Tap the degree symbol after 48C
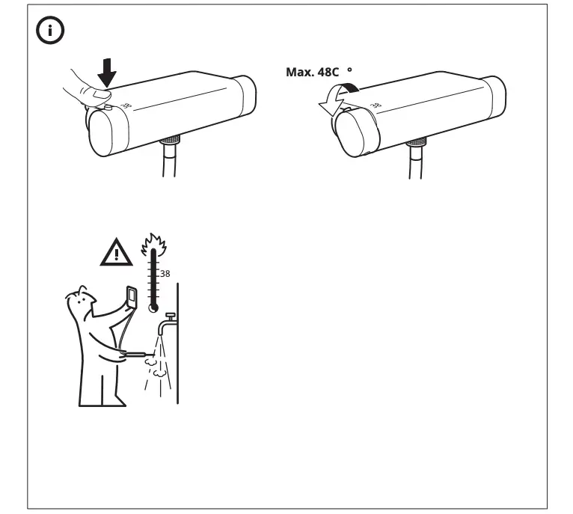click(x=349, y=69)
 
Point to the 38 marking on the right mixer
click(x=375, y=108)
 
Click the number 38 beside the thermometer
click(x=165, y=274)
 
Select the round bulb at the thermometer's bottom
click(x=153, y=307)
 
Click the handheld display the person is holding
click(x=132, y=297)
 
